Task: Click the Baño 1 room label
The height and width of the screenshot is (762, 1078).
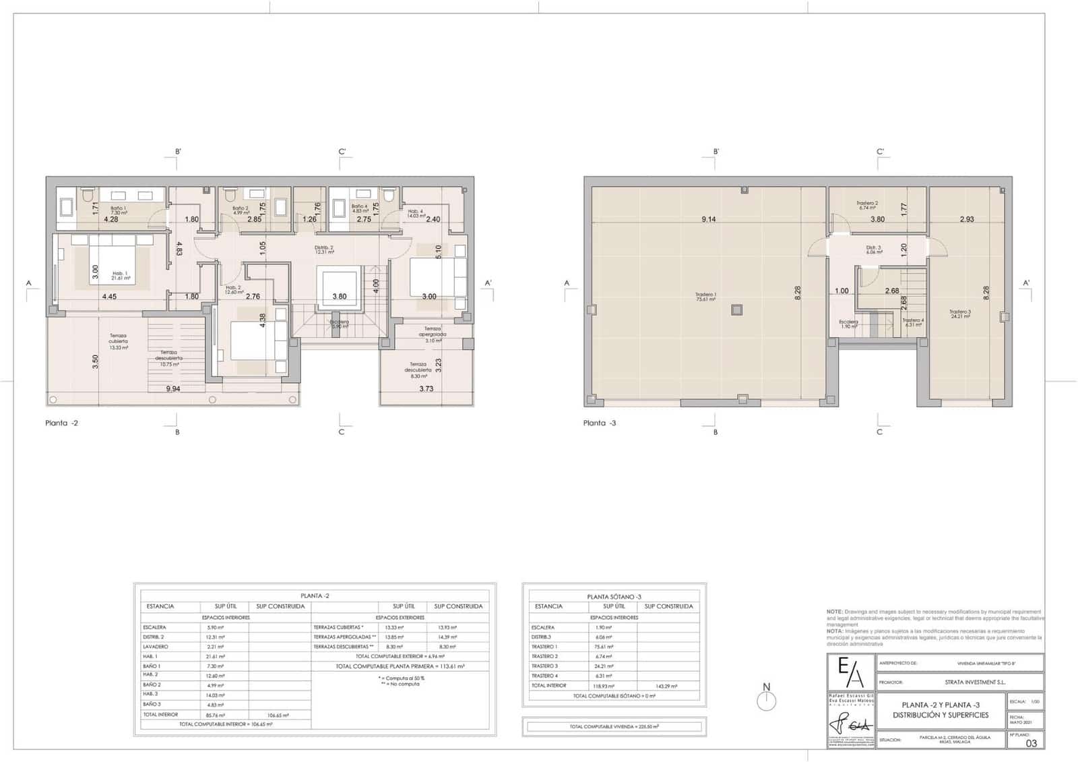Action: pyautogui.click(x=119, y=210)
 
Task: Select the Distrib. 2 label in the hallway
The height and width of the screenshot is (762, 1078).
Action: pyautogui.click(x=324, y=250)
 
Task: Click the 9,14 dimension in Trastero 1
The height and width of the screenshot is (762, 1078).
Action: pyautogui.click(x=709, y=219)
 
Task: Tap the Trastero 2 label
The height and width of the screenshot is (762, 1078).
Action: pyautogui.click(x=866, y=205)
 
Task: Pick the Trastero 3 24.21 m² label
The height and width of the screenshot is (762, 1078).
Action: pyautogui.click(x=959, y=314)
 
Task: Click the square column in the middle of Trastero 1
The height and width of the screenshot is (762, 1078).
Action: pyautogui.click(x=736, y=310)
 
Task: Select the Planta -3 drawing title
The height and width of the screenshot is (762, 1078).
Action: pyautogui.click(x=600, y=423)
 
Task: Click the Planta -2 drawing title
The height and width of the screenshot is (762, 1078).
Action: pyautogui.click(x=61, y=423)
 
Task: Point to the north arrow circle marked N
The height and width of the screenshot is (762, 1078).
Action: pyautogui.click(x=767, y=701)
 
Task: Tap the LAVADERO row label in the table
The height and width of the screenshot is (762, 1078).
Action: pyautogui.click(x=156, y=647)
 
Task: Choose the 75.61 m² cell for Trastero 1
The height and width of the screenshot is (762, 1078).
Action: pyautogui.click(x=603, y=647)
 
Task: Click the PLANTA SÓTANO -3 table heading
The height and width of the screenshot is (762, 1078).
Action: pyautogui.click(x=614, y=597)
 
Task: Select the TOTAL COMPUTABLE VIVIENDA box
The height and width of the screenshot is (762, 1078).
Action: pyautogui.click(x=614, y=727)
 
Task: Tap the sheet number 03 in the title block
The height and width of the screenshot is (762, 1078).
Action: pyautogui.click(x=1031, y=743)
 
